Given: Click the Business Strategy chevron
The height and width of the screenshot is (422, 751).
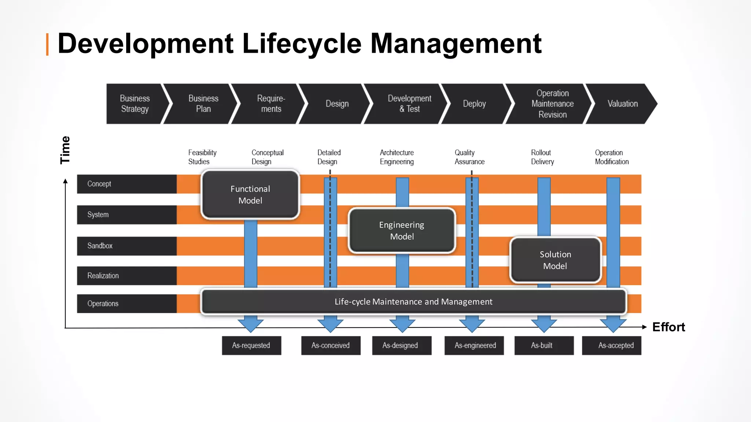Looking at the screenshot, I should click(135, 104).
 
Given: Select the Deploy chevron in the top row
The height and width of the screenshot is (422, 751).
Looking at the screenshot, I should click(474, 104).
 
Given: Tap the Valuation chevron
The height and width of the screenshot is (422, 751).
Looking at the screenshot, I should click(622, 104).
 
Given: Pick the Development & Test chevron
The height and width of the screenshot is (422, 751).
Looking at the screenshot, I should click(409, 104).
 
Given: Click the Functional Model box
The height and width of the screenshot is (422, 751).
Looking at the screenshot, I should click(250, 195).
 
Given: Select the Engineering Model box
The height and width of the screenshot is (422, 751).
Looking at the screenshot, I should click(402, 230).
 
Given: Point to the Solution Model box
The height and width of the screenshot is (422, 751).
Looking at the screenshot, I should click(555, 260).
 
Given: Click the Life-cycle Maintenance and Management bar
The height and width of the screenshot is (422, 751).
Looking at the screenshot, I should click(413, 301).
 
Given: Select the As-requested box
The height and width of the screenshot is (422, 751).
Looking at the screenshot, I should click(251, 345).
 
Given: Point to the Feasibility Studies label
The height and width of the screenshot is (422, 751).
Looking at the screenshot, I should click(202, 157).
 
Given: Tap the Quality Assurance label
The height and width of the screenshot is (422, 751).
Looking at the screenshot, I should click(469, 157).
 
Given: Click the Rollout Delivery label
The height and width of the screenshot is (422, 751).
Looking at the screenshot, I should click(542, 157).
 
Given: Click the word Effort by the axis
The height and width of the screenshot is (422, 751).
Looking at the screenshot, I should click(668, 327).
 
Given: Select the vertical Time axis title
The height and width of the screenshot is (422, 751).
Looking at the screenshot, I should click(65, 150).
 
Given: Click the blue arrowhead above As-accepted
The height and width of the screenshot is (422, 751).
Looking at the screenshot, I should click(613, 324).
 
